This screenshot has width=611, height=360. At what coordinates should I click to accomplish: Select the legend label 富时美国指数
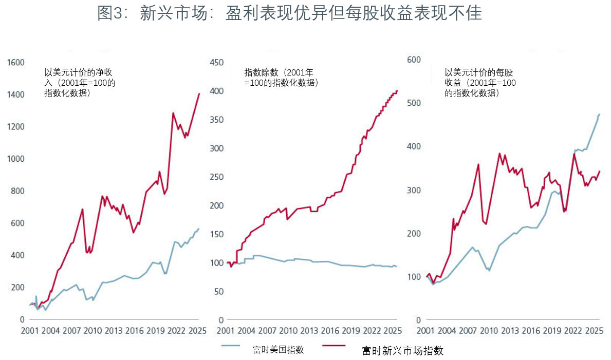pos(278,350)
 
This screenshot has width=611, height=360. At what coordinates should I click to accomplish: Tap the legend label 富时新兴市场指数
pos(402,351)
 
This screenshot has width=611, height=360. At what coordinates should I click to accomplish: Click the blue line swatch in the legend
pos(237,346)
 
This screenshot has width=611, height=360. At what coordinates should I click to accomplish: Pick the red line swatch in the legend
pos(340,346)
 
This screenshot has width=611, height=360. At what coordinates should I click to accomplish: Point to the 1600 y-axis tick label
pos(15,63)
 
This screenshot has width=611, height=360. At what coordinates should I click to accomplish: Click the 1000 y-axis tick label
pos(15,159)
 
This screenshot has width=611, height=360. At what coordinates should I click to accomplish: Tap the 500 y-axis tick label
pos(414,103)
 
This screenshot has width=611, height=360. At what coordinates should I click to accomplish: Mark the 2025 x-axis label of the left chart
pos(197,332)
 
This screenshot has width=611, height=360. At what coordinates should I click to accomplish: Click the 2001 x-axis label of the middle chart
pos(226,332)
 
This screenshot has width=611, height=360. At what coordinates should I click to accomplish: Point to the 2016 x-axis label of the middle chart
pos(331,332)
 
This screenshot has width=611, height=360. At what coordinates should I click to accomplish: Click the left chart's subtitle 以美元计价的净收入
pos(80,83)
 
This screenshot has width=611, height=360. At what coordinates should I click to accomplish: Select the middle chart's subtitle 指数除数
pos(282,78)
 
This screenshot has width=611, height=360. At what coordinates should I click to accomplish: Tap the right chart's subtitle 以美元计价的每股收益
pos(480,83)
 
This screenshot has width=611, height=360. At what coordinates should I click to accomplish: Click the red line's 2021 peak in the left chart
pos(173,113)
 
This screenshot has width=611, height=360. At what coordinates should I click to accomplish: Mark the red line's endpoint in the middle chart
pos(397,91)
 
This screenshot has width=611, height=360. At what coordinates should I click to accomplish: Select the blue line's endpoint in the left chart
pos(199,229)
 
